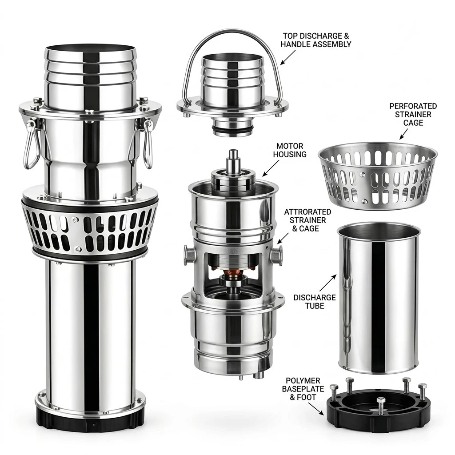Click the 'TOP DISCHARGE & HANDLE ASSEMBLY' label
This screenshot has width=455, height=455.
[x=316, y=40]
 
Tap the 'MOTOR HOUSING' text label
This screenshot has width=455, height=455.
[x=290, y=150]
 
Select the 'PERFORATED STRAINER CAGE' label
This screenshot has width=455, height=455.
[x=413, y=114]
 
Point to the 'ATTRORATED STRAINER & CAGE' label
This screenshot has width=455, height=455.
[x=307, y=220]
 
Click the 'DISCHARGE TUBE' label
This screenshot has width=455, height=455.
[x=315, y=302]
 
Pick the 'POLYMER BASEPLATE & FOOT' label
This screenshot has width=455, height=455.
[x=303, y=389]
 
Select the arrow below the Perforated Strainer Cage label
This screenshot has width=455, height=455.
[x=403, y=134]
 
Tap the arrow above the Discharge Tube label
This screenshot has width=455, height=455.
[x=328, y=283]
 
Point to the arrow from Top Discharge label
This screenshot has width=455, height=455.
[x=288, y=57]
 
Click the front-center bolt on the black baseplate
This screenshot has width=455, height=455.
[x=381, y=403]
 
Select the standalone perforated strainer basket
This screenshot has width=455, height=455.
[x=378, y=176]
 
